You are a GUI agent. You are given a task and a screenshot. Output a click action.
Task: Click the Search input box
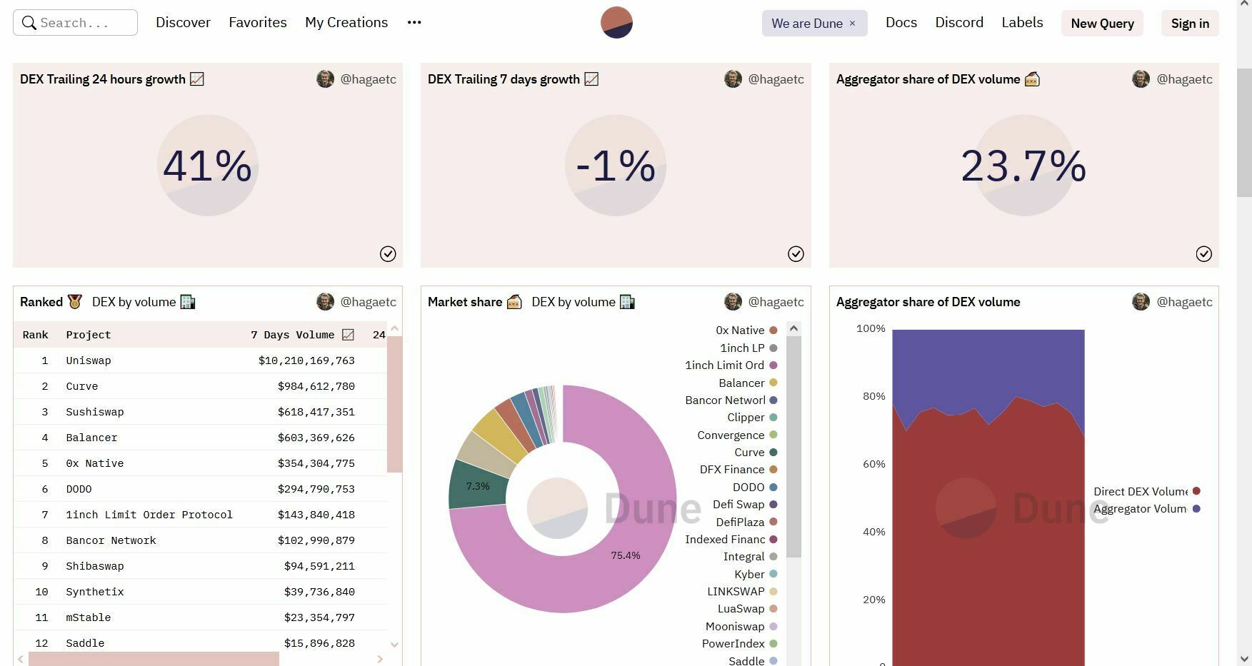pos(75,23)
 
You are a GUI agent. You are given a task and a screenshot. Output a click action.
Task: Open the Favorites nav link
pos(257,23)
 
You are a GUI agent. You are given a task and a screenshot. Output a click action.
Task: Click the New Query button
pos(1102,24)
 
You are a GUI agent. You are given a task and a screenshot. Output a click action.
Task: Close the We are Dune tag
pos(852,24)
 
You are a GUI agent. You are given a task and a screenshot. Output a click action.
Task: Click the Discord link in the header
pos(958,23)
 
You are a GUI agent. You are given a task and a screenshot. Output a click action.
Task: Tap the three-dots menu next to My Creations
pos(414,23)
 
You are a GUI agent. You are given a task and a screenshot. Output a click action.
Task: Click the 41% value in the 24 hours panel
pos(207,166)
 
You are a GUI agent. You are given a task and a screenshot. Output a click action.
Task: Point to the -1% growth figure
pos(615,166)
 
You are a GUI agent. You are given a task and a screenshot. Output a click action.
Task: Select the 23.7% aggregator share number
pos(1023,166)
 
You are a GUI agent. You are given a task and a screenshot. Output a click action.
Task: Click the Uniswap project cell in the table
pos(89,360)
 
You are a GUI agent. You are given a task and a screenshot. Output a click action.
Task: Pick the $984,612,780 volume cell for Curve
pos(316,386)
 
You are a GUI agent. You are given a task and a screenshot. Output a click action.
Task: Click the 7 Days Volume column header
pos(293,335)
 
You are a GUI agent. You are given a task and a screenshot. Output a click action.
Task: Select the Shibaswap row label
pos(95,566)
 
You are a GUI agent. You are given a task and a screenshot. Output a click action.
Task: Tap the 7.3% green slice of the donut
pos(477,486)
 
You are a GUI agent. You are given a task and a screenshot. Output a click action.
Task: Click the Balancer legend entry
pos(741,383)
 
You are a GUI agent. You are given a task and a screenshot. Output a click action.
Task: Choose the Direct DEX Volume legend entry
pos(1141,491)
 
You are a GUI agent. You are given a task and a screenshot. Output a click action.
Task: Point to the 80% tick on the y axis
pos(873,396)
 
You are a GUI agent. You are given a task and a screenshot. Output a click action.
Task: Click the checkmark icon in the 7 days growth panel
pos(796,254)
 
